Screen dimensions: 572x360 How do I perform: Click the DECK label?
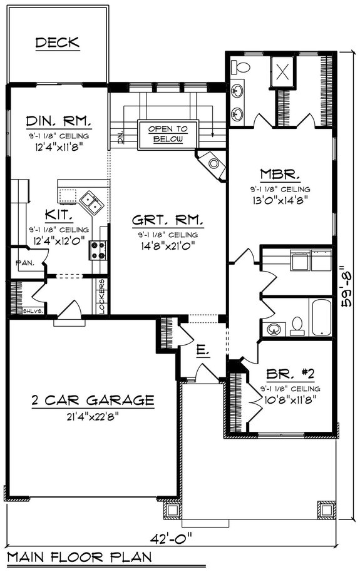[57, 43]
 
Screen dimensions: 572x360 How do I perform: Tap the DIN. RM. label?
[59, 120]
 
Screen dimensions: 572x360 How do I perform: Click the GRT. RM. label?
[168, 220]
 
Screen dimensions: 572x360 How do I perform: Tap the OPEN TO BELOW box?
[167, 134]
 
